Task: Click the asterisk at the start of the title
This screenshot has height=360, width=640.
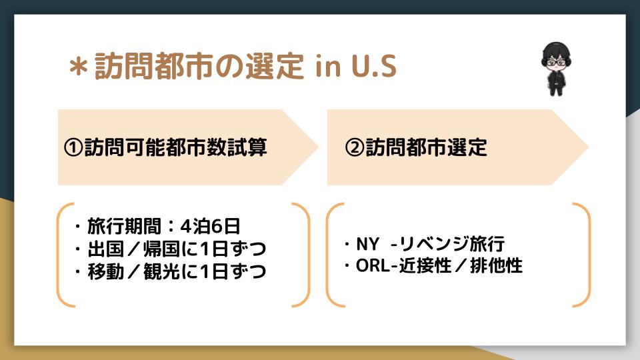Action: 79,67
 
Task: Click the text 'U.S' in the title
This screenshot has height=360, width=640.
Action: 374,66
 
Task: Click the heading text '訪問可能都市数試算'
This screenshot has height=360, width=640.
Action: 175,147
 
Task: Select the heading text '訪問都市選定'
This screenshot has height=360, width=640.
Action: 426,147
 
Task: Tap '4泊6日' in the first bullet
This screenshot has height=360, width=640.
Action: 211,226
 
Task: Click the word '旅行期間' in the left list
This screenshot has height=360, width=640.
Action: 123,226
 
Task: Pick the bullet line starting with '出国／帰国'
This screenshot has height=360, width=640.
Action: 171,249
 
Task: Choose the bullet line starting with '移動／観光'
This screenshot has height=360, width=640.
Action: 171,271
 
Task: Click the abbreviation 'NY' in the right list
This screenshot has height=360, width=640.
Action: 368,244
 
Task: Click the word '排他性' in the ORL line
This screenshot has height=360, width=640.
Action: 496,266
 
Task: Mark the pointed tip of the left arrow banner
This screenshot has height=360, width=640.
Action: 319,147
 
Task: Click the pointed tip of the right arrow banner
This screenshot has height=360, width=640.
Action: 589,147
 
